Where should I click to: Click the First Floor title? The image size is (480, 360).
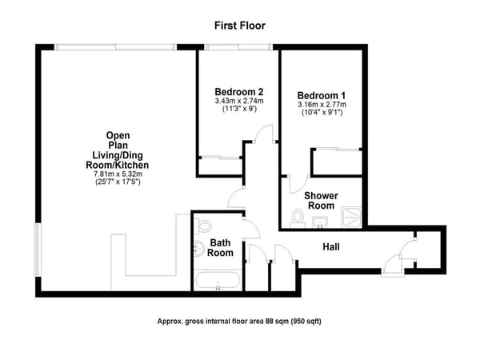[x=240, y=26]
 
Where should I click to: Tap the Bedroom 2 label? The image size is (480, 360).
[x=239, y=92]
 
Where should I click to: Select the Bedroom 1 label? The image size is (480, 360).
[x=322, y=95]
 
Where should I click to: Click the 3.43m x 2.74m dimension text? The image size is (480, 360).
[x=239, y=101]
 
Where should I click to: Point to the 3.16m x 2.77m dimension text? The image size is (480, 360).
[x=322, y=105]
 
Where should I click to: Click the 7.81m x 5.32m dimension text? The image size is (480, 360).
[x=118, y=174]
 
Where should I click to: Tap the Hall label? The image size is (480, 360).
[x=331, y=247]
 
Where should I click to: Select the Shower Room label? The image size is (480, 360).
[x=321, y=201]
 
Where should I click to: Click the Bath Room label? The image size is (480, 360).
[x=220, y=248]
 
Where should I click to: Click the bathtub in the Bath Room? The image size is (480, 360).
[x=218, y=280]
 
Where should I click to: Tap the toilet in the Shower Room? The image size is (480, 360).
[x=297, y=218]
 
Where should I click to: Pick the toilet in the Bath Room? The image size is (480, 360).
[x=203, y=227]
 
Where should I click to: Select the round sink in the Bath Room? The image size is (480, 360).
[x=199, y=249]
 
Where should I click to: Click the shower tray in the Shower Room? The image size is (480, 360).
[x=351, y=218]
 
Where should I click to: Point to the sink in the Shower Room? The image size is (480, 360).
[x=320, y=222]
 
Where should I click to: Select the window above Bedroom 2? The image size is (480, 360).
[x=238, y=47]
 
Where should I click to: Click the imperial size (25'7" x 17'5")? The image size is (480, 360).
[x=118, y=182]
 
